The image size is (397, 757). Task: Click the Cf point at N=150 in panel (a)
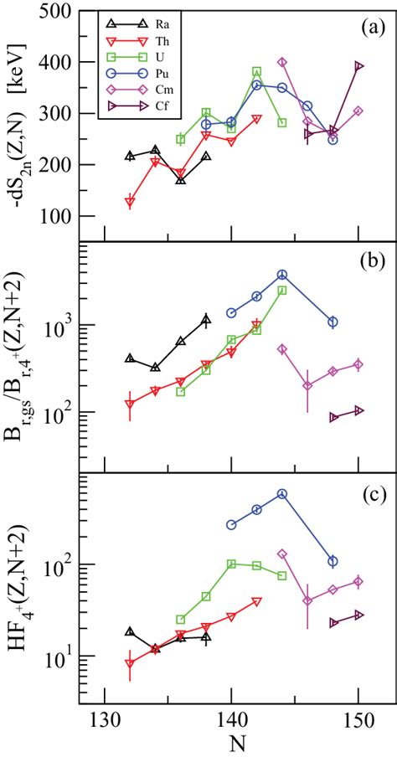click(x=358, y=66)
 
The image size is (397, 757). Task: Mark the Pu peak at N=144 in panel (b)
click(x=282, y=275)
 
